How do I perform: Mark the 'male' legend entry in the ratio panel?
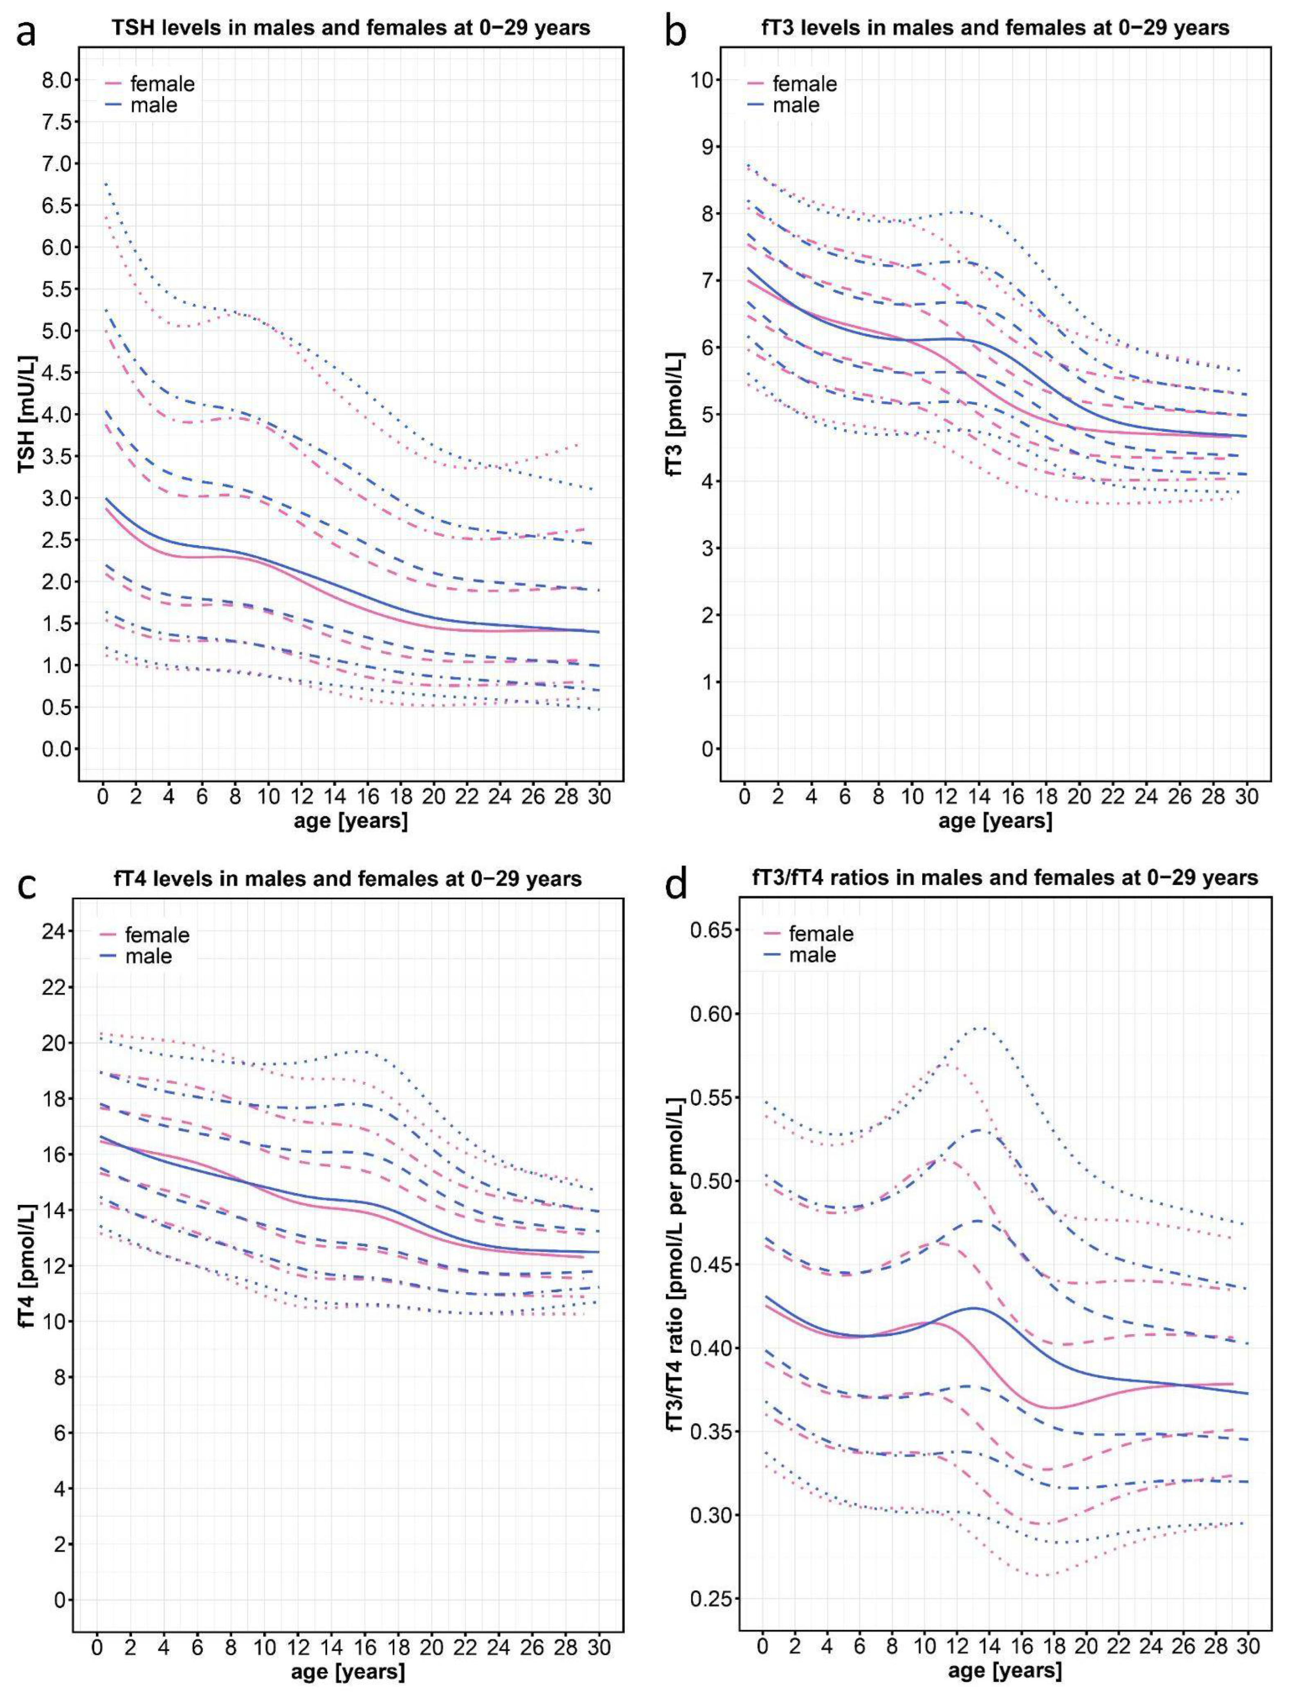(x=813, y=955)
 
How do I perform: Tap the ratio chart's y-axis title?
(x=676, y=1271)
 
